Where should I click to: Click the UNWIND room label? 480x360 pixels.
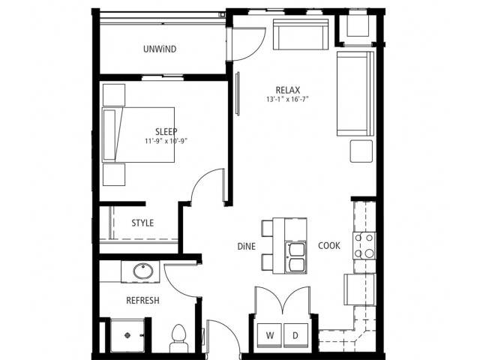pos(160,49)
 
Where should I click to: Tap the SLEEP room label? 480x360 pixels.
pos(166,132)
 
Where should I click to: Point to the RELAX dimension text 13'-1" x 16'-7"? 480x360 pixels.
pos(287,99)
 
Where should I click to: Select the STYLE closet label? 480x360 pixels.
pos(142,223)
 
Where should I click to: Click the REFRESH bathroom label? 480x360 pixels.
pos(143,300)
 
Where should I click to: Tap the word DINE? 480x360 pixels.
pos(247,247)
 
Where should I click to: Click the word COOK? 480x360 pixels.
pos(329,245)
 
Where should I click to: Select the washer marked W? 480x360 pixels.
pos(269,335)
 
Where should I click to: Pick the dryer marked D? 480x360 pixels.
pos(295,335)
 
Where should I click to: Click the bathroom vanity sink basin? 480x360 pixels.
pos(143,271)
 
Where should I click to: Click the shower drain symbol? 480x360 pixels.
pos(128,335)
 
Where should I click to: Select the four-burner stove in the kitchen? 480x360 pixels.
pos(364,246)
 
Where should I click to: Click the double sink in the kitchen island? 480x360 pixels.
pos(295,257)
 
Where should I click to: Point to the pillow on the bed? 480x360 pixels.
pos(109,135)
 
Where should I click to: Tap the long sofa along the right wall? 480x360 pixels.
pos(355,93)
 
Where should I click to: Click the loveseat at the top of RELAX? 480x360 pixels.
pos(301,34)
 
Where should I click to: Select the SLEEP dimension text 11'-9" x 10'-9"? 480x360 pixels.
pos(166,141)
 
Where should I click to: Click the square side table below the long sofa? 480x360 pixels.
pos(361,151)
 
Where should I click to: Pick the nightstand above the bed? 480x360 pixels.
pos(114,95)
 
